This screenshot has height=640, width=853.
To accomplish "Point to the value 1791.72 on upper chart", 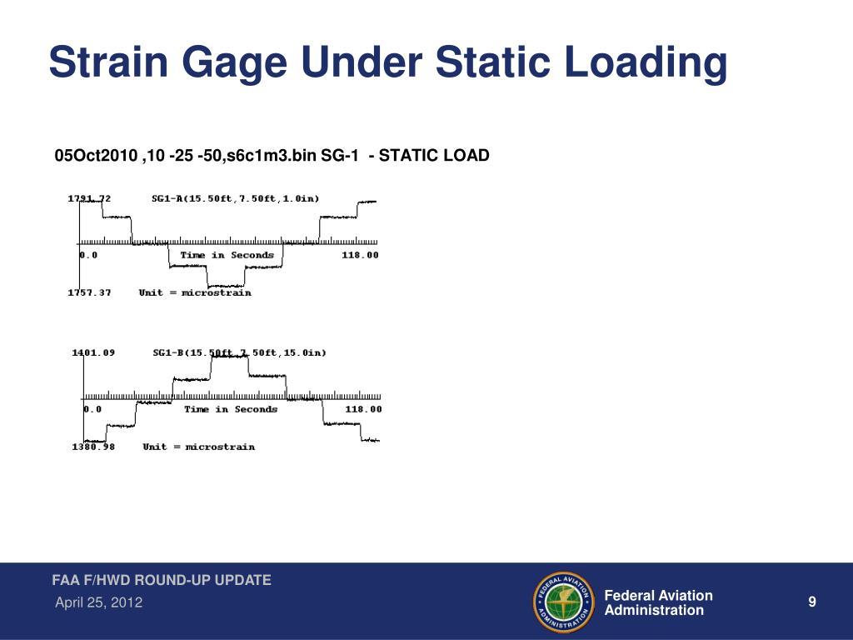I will [x=89, y=198].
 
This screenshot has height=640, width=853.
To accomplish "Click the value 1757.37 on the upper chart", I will [x=89, y=292].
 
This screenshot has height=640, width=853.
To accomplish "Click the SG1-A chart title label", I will [x=236, y=198].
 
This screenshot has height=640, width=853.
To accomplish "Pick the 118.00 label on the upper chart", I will [x=360, y=255].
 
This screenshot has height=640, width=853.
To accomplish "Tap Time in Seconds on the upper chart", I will [x=227, y=255].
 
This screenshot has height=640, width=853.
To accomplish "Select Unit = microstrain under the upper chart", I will [x=195, y=292].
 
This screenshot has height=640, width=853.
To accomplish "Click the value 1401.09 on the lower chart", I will [x=93, y=352].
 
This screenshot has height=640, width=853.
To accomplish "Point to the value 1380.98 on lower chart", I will [x=93, y=447].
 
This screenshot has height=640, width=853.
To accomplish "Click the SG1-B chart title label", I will [x=240, y=352].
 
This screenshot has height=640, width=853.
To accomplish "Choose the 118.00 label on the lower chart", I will [x=363, y=409].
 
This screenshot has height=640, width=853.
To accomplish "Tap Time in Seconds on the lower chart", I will [x=231, y=409].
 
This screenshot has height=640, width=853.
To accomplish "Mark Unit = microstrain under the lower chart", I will [x=198, y=447].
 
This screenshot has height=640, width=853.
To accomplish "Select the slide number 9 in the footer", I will [x=811, y=602].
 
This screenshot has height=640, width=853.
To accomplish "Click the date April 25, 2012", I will [x=98, y=602].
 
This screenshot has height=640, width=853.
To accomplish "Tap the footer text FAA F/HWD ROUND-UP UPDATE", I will [x=162, y=580].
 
